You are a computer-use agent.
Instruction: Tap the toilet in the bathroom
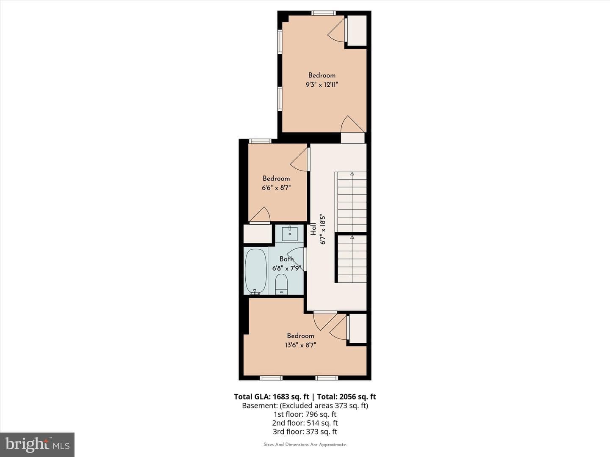pyautogui.click(x=281, y=284)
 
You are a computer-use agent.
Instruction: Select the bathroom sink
pyautogui.click(x=290, y=234)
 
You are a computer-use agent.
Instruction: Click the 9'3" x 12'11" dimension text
pyautogui.click(x=322, y=85)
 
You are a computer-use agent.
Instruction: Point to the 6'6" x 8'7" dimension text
pyautogui.click(x=276, y=188)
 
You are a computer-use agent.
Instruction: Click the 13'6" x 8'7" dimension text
pyautogui.click(x=300, y=345)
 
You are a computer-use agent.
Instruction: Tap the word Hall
pyautogui.click(x=313, y=229)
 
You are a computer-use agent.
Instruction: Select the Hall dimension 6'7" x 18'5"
pyautogui.click(x=323, y=229)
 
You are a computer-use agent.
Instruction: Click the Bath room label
pyautogui.click(x=286, y=259)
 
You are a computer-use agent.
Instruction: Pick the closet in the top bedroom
pyautogui.click(x=357, y=30)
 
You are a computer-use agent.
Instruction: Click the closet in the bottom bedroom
pyautogui.click(x=358, y=328)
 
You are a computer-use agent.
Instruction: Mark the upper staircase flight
pyautogui.click(x=351, y=202)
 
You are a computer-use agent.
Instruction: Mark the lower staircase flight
pyautogui.click(x=351, y=259)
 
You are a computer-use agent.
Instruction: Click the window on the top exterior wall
pyautogui.click(x=324, y=13)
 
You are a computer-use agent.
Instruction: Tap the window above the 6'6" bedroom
pyautogui.click(x=260, y=141)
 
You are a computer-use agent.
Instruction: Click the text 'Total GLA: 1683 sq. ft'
pyautogui.click(x=271, y=397)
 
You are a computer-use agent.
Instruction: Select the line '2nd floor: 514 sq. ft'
pyautogui.click(x=305, y=423)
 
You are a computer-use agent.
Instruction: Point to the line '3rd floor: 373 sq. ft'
pyautogui.click(x=305, y=432)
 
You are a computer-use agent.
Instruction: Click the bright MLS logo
pyautogui.click(x=37, y=444)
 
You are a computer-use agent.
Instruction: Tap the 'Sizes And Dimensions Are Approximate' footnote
pyautogui.click(x=305, y=444)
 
